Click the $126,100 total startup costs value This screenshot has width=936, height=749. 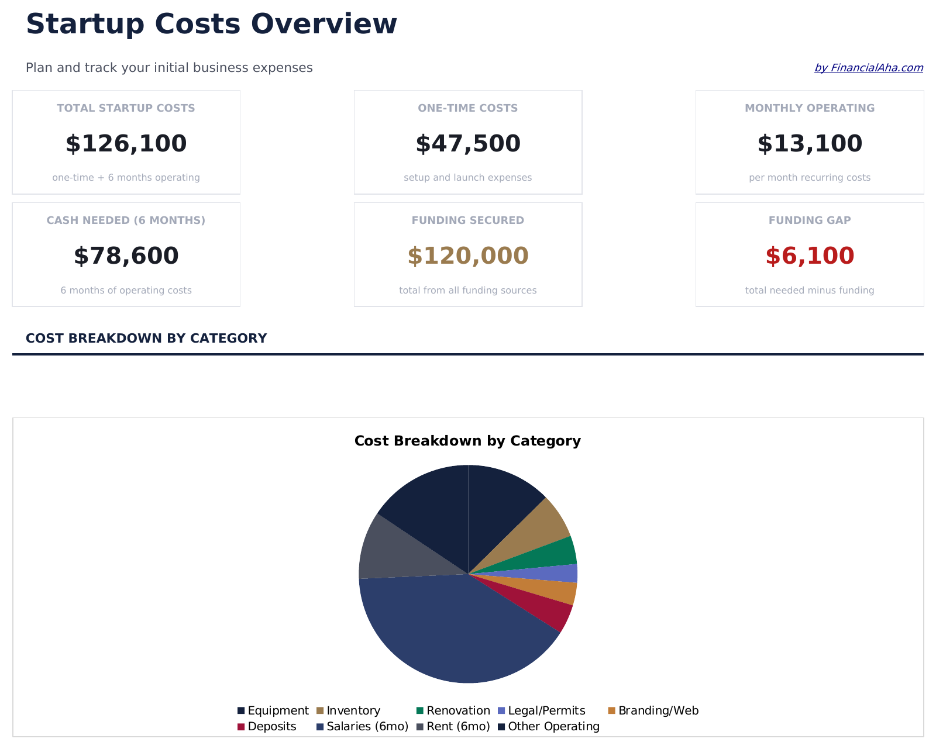click(126, 144)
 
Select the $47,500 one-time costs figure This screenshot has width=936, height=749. click(467, 144)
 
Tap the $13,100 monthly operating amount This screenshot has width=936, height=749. click(809, 144)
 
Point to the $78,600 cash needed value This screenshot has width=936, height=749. click(126, 256)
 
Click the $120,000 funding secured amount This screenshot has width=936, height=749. click(467, 256)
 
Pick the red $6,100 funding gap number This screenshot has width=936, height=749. click(809, 256)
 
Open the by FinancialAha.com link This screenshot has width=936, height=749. click(868, 68)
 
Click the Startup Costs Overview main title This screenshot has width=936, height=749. click(211, 25)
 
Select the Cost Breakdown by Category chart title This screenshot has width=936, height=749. click(467, 441)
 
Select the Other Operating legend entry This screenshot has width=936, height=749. click(548, 726)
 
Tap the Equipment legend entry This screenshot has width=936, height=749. click(273, 710)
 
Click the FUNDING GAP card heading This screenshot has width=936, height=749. click(809, 220)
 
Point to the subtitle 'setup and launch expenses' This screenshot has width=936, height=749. click(467, 178)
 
